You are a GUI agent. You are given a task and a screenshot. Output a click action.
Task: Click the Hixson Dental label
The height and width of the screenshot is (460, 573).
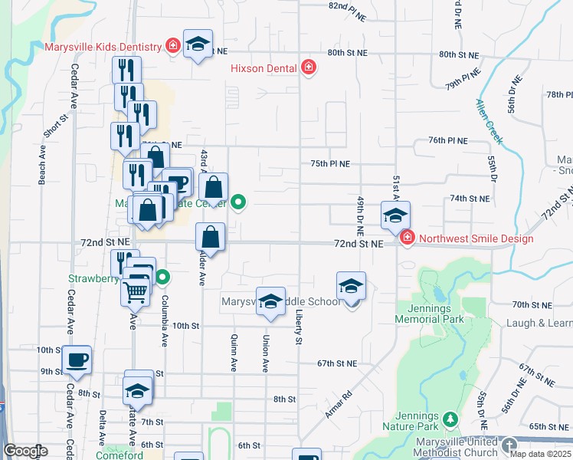click(264, 68)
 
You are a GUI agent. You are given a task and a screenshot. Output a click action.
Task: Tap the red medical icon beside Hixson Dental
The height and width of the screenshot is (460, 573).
click(309, 68)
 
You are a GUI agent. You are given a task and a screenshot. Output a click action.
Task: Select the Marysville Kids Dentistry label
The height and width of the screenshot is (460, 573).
click(104, 47)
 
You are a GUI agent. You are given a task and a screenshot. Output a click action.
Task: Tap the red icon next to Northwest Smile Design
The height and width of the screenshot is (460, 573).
click(406, 238)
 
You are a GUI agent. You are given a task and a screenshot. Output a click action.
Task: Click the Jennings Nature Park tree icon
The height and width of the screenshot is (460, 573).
click(451, 419)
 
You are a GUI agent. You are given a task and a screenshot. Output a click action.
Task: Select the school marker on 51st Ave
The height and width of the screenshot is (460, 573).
click(395, 215)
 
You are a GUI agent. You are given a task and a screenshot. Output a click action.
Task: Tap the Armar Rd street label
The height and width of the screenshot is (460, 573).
click(337, 405)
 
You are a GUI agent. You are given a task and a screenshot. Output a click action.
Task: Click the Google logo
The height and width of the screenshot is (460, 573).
click(25, 451)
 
